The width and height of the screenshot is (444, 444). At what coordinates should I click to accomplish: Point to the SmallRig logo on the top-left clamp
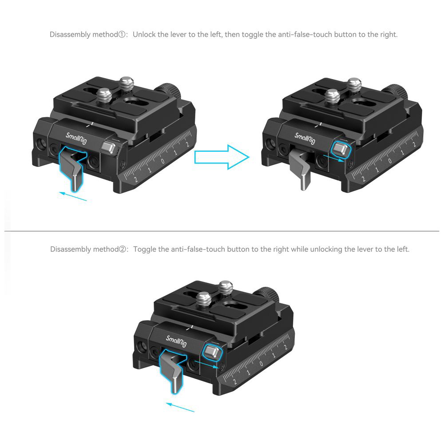76,138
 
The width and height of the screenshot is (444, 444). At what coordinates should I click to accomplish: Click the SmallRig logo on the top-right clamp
305,138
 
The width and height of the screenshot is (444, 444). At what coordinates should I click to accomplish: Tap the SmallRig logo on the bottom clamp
176,341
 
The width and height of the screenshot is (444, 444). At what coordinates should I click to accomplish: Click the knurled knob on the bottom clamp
268,294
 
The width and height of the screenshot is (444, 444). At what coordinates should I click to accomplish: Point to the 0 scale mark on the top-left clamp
163,161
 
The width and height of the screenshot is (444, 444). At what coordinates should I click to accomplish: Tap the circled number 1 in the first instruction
122,35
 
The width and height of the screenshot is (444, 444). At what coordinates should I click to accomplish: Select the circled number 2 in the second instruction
122,249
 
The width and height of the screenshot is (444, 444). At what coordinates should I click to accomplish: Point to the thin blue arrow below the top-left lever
73,196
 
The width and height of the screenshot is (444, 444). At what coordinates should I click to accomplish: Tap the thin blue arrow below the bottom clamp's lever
180,407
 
